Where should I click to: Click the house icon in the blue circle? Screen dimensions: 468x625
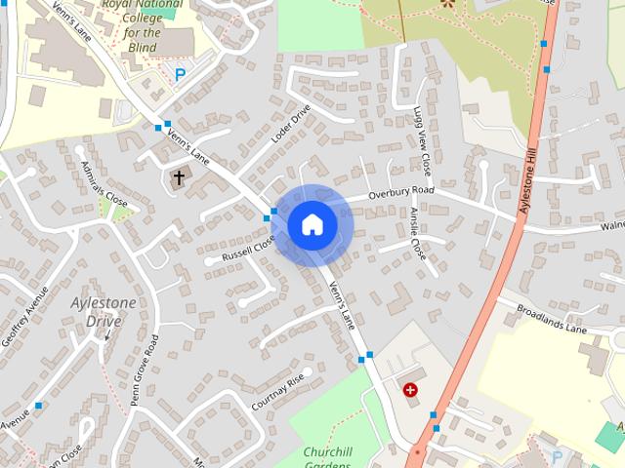tap(312, 224)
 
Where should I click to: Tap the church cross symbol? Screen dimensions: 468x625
tap(178, 177)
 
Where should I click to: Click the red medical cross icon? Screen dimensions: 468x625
tap(410, 390)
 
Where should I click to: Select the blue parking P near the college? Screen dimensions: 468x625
tap(179, 74)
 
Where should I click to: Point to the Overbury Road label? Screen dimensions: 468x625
tap(400, 193)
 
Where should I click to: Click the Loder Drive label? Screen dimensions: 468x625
tap(290, 124)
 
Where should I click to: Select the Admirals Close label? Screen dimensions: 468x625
tap(105, 184)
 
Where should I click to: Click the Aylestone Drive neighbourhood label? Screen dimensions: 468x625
tap(104, 312)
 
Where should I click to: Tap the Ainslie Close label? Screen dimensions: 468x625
tap(418, 233)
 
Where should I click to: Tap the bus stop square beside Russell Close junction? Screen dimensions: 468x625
tap(268, 217)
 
